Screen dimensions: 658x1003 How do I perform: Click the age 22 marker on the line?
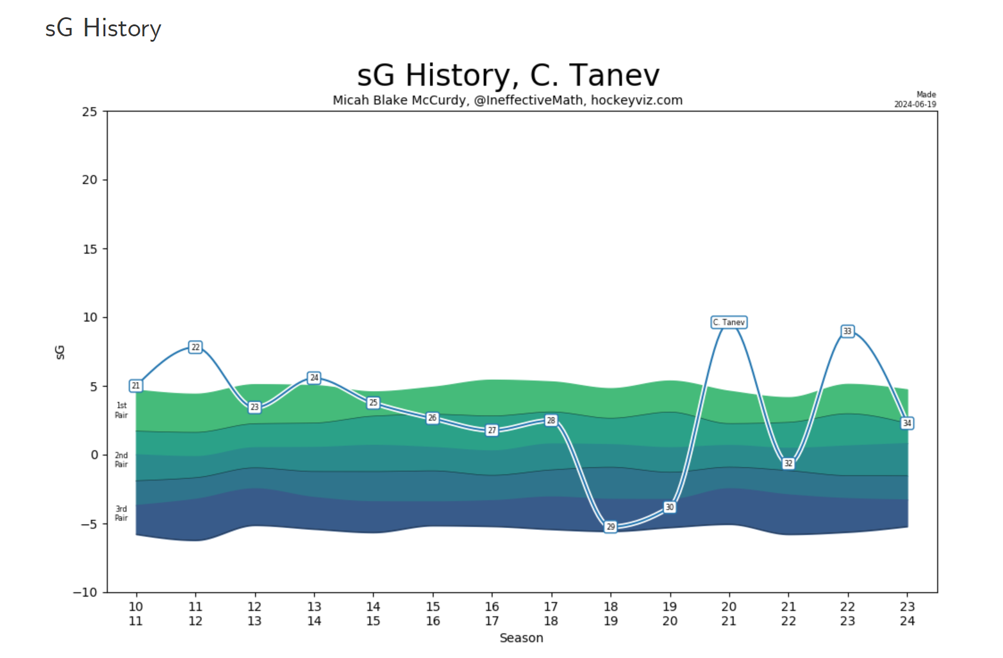(x=195, y=347)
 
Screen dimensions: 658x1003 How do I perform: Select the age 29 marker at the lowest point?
(x=610, y=526)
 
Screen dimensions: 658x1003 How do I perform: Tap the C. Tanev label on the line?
(x=729, y=322)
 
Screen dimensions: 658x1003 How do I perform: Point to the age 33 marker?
(x=847, y=331)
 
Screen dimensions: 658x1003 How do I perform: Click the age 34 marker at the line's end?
(x=907, y=423)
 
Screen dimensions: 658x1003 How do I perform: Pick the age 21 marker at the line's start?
(x=136, y=386)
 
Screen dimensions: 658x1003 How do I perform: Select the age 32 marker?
(x=788, y=463)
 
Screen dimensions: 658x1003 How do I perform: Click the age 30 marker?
(x=670, y=507)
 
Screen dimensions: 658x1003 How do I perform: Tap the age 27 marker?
(x=492, y=430)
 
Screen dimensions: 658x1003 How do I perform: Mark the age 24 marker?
(x=314, y=378)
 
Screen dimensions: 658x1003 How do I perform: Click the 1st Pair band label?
(x=121, y=410)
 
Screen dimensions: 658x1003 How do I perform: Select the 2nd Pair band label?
(x=121, y=460)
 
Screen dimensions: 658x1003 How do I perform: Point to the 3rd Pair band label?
(x=121, y=513)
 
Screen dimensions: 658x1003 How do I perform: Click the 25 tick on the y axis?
(x=90, y=112)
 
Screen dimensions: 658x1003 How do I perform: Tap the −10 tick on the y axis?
(x=85, y=592)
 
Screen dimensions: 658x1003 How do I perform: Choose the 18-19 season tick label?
(x=610, y=614)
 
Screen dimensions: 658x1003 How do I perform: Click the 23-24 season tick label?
(x=907, y=614)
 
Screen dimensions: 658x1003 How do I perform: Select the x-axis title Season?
(x=521, y=638)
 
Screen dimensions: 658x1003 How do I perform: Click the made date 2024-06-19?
(x=915, y=104)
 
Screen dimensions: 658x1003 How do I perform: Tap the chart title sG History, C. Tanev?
(x=508, y=76)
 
